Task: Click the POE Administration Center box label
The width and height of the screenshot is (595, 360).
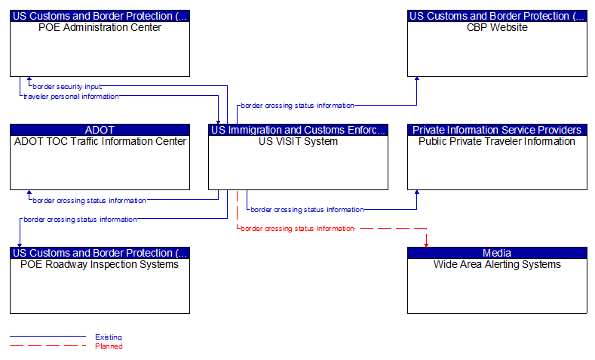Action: point(100,28)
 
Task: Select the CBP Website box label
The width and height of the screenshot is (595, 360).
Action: point(497,28)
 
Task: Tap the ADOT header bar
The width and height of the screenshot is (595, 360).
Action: point(100,130)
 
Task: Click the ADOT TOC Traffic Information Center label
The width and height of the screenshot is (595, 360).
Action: point(100,141)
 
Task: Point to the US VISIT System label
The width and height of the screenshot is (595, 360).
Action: point(298,141)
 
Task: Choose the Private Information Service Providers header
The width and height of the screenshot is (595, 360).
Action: point(497,130)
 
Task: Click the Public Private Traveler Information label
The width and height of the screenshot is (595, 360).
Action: point(497,141)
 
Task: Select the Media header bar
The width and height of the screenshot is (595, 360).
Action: point(497,253)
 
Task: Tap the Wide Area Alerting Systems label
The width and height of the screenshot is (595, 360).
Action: point(497,265)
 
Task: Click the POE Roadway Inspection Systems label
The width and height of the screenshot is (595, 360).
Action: point(100,265)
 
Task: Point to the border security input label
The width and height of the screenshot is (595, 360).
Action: point(66,87)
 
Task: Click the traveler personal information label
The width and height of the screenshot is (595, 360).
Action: point(71,97)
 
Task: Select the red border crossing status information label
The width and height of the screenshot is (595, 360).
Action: point(297,228)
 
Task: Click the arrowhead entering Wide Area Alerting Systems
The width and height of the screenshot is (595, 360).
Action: point(426,243)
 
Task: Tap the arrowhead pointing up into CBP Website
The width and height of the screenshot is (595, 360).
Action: point(416,80)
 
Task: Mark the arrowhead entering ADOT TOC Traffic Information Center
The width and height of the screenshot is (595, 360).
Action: point(29,193)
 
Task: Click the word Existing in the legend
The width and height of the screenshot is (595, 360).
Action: point(109,337)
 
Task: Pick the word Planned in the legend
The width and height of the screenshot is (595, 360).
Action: point(109,346)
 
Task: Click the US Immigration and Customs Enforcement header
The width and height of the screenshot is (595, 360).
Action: point(298,130)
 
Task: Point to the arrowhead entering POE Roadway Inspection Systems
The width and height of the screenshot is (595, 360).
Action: point(20,243)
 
